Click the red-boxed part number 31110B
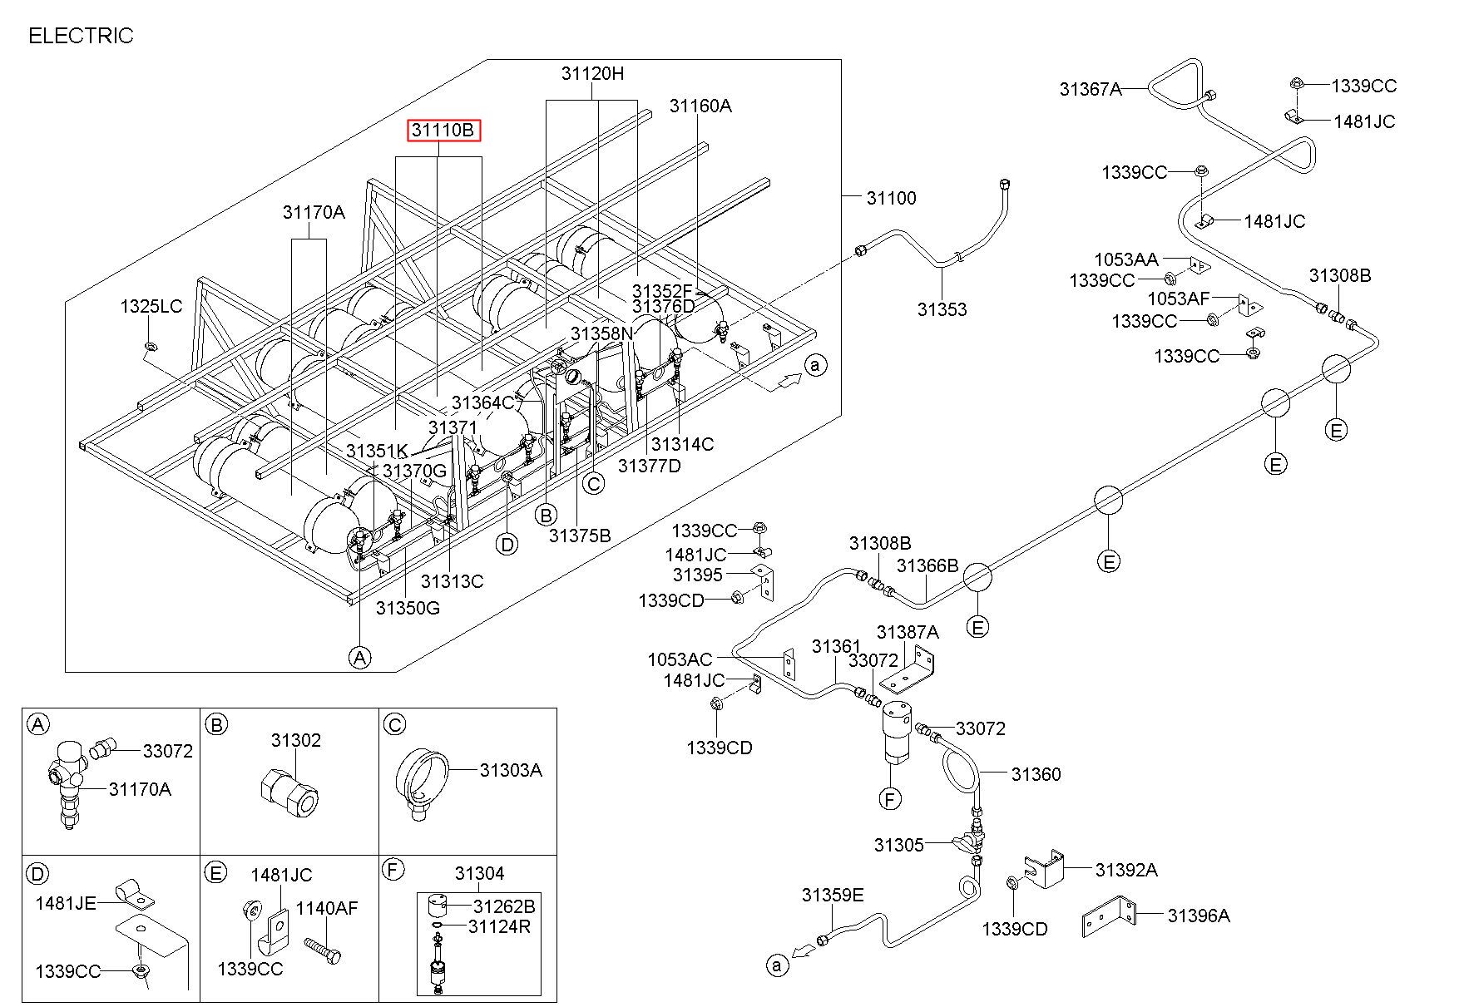(443, 131)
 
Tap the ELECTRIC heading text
(81, 36)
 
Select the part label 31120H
(592, 73)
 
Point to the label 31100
(891, 198)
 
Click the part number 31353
(942, 309)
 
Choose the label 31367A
(1091, 89)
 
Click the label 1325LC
(151, 306)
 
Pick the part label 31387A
(908, 632)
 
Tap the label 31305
(898, 845)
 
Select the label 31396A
(1198, 916)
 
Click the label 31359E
(833, 895)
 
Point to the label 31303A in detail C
(511, 770)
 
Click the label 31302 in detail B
(295, 740)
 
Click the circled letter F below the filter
(890, 799)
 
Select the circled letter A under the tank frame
(359, 658)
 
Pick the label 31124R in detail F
(499, 926)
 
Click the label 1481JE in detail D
(66, 903)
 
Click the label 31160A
(700, 106)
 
